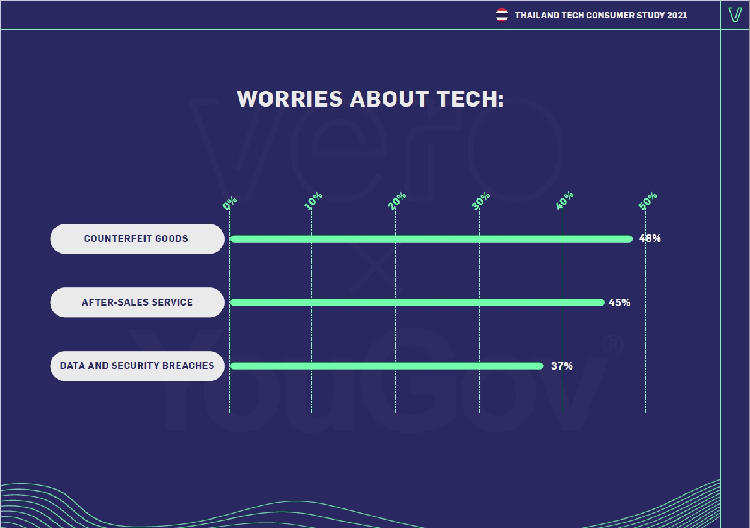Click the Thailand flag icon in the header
click(x=501, y=15)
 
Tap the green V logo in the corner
click(x=735, y=15)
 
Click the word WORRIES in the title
click(x=290, y=99)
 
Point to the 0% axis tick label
click(x=229, y=203)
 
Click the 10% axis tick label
click(x=313, y=201)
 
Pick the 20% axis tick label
click(x=397, y=201)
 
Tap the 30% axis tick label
click(x=480, y=201)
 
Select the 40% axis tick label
click(x=564, y=201)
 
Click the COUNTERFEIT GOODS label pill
click(x=137, y=239)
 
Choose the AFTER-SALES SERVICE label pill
click(x=137, y=302)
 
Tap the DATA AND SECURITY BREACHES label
click(x=137, y=366)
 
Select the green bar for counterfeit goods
click(x=431, y=239)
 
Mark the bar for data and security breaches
click(x=387, y=366)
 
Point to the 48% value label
click(x=650, y=238)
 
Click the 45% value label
click(x=619, y=302)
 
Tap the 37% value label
click(x=561, y=366)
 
